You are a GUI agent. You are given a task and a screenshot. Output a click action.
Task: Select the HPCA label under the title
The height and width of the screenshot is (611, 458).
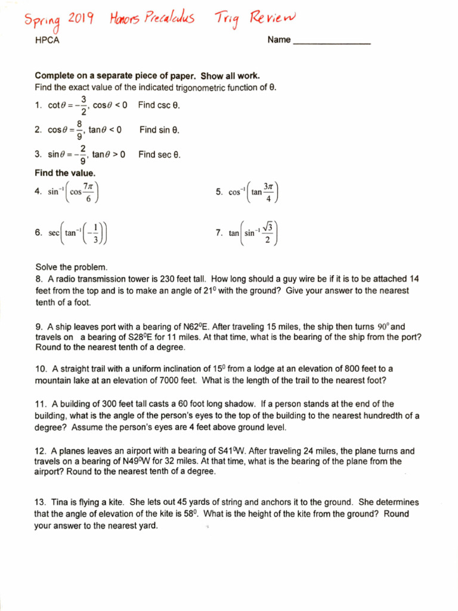47,41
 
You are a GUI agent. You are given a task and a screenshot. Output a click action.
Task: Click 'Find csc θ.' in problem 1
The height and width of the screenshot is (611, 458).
159,105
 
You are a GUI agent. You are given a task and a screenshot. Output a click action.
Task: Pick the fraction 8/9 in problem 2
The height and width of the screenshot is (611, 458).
79,129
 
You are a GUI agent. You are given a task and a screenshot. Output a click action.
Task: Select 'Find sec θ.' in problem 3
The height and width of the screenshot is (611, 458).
159,155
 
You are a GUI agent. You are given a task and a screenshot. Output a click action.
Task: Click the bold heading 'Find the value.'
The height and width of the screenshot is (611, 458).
65,173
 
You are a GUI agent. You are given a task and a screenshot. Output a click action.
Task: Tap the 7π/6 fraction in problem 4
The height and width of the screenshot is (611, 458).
88,192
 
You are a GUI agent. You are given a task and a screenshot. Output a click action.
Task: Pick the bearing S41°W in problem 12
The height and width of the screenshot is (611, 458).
224,451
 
